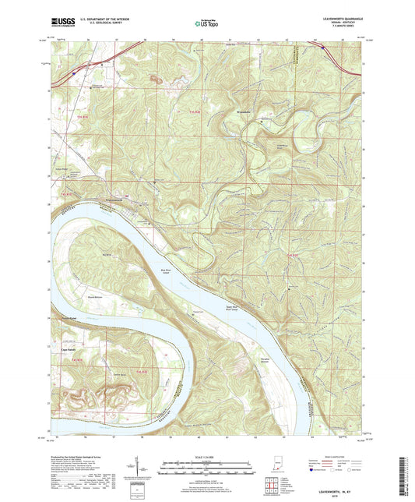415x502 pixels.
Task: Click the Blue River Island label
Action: coord(167,272)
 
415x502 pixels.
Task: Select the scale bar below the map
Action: coord(207,468)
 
